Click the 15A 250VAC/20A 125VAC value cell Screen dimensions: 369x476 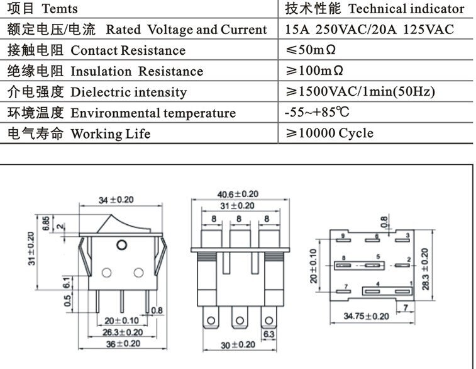(369, 30)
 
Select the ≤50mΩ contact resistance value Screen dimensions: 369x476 (314, 50)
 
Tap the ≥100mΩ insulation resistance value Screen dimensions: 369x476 (318, 71)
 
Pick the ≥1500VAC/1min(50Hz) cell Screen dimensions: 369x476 (360, 92)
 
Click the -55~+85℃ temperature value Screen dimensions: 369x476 (317, 113)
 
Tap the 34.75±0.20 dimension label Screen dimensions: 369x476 (366, 315)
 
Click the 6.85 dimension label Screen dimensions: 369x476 (46, 224)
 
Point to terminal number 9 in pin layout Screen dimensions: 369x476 (344, 237)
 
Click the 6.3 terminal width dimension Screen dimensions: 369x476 (268, 334)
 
